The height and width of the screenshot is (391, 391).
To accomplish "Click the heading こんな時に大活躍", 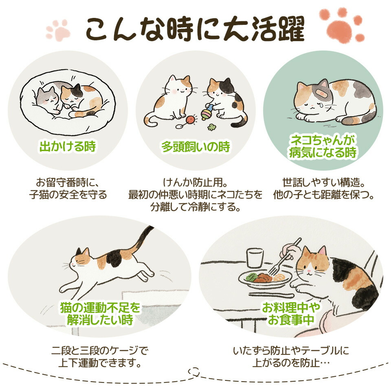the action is pyautogui.click(x=195, y=30).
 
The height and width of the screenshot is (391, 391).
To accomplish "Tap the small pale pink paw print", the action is pyautogui.click(x=59, y=29).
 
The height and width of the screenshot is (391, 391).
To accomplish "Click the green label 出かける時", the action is pyautogui.click(x=68, y=146).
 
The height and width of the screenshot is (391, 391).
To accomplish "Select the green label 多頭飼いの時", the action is pyautogui.click(x=196, y=147).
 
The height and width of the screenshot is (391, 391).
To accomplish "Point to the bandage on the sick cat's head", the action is pyautogui.click(x=321, y=93).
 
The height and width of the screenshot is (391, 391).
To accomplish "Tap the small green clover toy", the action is pyautogui.click(x=211, y=127).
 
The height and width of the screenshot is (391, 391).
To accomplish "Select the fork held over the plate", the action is pyautogui.click(x=284, y=257).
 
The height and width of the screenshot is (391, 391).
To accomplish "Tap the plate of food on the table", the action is pyautogui.click(x=265, y=278).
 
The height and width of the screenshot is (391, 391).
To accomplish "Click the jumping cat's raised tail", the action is pyautogui.click(x=142, y=240).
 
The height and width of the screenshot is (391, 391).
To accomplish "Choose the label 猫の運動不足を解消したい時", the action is pyautogui.click(x=100, y=314).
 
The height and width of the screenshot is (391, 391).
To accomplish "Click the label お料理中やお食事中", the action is pyautogui.click(x=291, y=314).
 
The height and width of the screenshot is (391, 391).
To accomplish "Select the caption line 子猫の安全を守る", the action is pyautogui.click(x=68, y=195).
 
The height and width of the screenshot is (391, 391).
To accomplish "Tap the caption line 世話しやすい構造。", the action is pyautogui.click(x=324, y=182).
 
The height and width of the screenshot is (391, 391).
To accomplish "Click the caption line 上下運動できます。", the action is pyautogui.click(x=100, y=363).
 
